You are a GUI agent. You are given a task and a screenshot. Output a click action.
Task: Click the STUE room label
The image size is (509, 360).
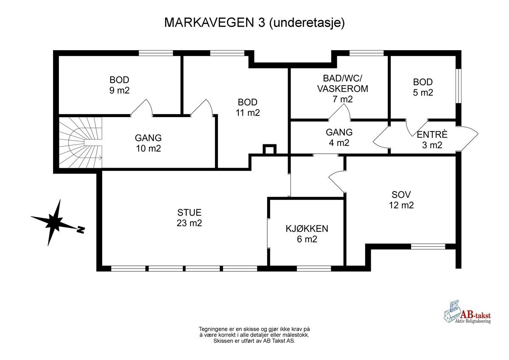pos(189,217)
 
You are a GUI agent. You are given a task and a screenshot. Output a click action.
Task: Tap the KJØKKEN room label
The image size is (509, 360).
pos(307,233)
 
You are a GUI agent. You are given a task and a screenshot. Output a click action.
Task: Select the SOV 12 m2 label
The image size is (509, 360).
pos(401,200)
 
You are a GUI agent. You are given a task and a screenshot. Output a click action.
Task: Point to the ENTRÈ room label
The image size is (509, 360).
pos(432,140)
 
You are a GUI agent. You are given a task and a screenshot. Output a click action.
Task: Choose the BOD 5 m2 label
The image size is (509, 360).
pos(423,87)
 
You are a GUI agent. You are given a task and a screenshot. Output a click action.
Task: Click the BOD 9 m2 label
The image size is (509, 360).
pos(119,85)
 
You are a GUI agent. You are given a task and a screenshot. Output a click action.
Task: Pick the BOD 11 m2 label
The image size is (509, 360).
pos(247,107)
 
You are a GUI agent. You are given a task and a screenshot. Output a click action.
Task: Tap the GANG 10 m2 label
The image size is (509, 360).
pos(148,143)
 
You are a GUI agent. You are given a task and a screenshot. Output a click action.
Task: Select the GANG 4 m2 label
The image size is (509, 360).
pos(339,138)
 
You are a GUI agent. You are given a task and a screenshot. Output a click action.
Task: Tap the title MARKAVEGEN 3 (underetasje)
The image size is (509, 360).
pos(255,22)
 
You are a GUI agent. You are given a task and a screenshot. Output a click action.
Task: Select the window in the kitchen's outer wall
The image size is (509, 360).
pos(314,268)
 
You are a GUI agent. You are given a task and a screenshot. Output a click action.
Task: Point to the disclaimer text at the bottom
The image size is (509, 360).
pos(255,335)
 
